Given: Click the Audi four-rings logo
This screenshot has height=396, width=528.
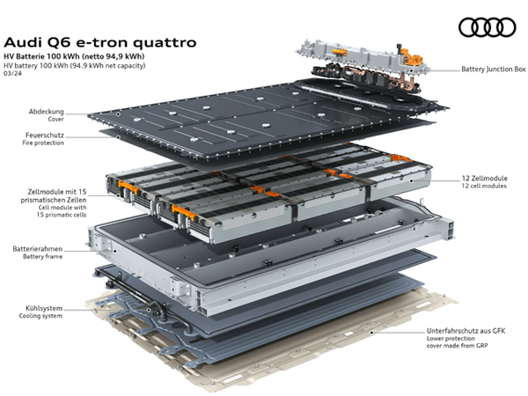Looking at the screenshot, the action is click(x=487, y=27).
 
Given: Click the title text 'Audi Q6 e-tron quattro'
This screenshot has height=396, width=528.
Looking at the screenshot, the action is click(x=100, y=43).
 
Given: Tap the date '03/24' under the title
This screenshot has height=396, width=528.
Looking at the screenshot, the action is click(x=12, y=73).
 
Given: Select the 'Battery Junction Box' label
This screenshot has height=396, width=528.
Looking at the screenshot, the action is click(x=494, y=69).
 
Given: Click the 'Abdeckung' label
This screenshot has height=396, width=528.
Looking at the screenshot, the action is click(x=46, y=112).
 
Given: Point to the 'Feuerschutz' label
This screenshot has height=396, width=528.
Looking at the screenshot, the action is click(x=45, y=135).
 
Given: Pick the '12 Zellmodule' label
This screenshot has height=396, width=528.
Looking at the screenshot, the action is click(x=484, y=179).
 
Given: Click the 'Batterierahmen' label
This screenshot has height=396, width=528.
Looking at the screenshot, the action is click(x=38, y=249).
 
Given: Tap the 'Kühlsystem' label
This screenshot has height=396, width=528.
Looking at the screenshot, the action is click(x=44, y=308).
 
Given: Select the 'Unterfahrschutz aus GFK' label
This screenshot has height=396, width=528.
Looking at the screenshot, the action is click(x=466, y=331).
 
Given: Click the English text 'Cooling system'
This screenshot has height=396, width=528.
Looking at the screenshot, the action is click(x=40, y=316).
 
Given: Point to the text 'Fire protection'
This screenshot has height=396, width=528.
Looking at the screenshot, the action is click(x=43, y=143).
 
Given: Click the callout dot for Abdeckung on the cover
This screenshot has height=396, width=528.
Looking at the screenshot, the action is click(x=118, y=114).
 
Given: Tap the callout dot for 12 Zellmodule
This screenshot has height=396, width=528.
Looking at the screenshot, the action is click(x=412, y=180).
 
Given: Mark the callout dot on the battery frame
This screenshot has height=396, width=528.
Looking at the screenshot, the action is click(x=114, y=251).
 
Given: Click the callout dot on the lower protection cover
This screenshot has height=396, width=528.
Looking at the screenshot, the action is click(x=371, y=333).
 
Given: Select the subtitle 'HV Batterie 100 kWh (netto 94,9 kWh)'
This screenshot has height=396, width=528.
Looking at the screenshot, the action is click(x=74, y=56).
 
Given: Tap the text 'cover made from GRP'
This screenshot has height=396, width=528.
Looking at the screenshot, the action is click(x=457, y=346).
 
